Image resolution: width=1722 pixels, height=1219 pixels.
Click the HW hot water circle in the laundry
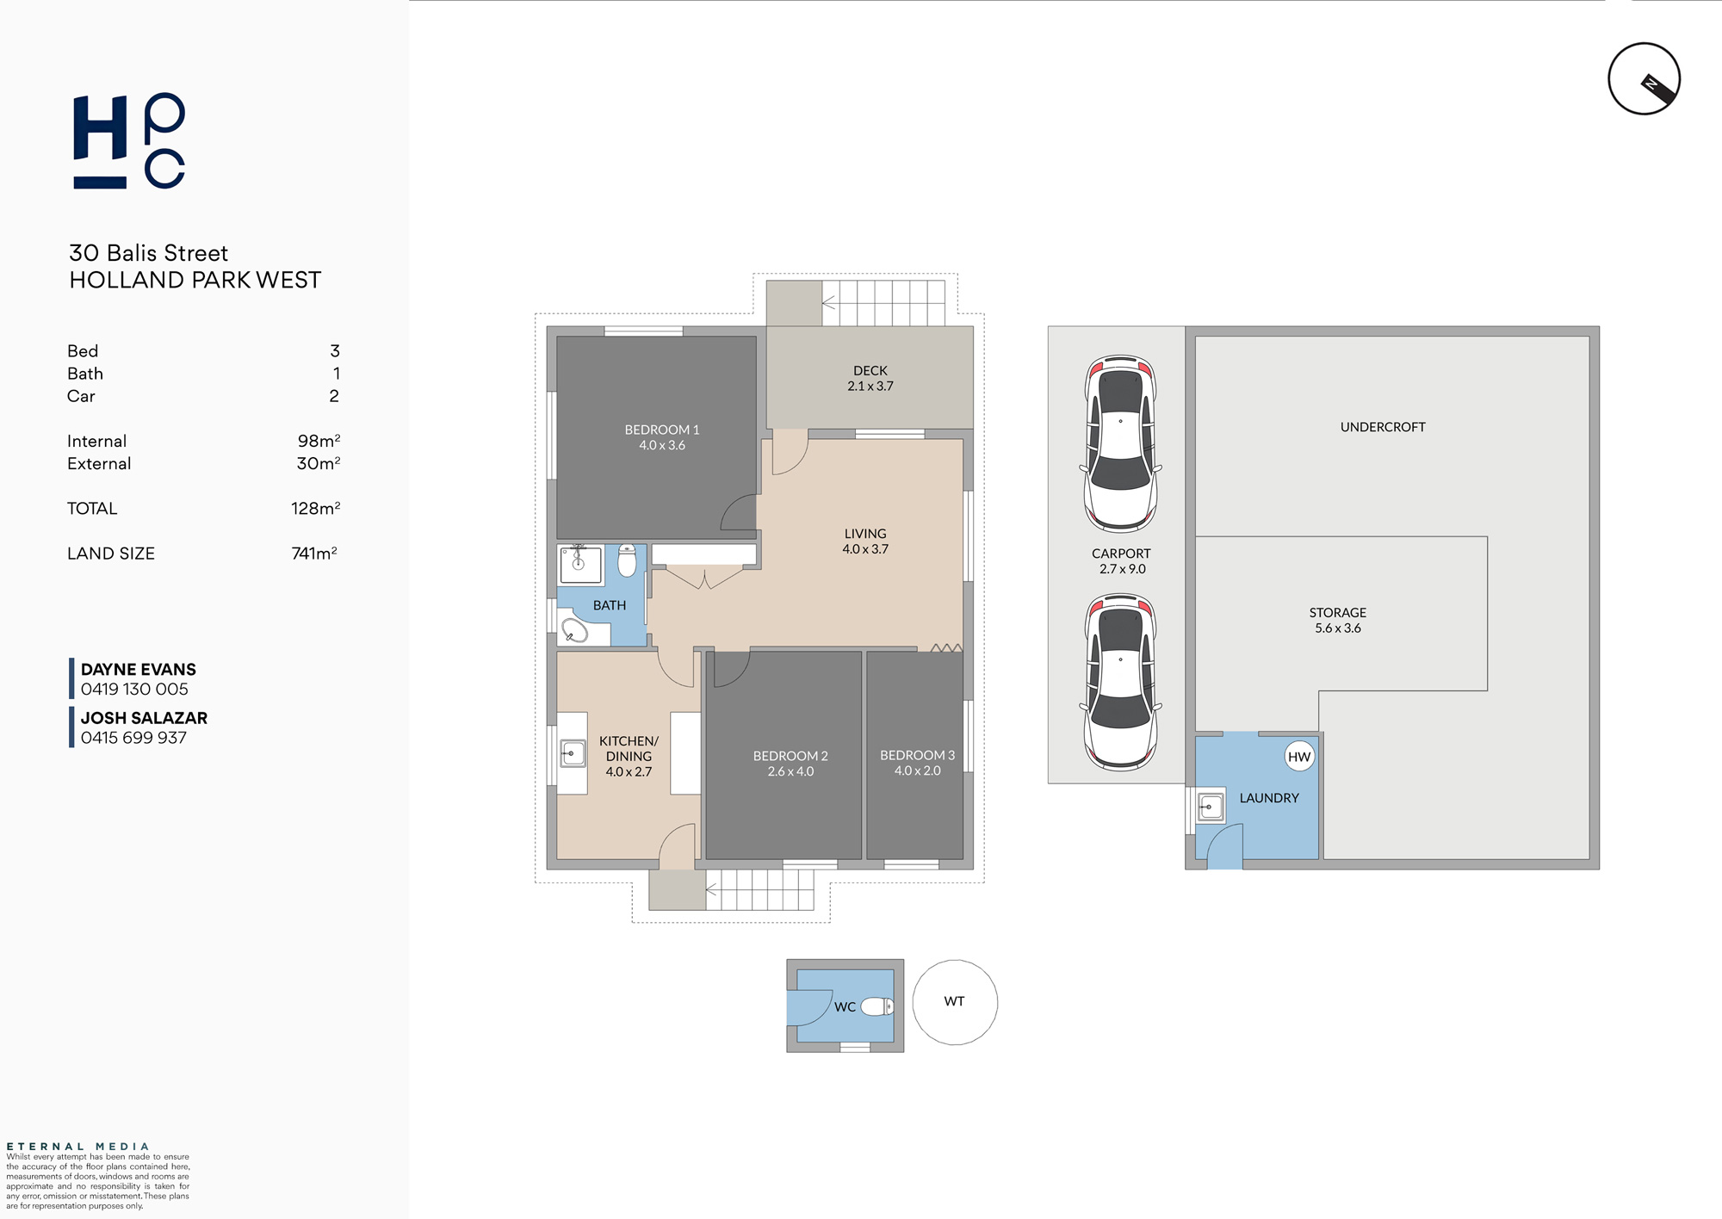(x=1299, y=757)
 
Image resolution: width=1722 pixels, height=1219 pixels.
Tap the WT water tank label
(x=954, y=1001)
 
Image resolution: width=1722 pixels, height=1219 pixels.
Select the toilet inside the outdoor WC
(x=877, y=1006)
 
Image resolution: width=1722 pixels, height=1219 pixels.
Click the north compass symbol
(x=1645, y=78)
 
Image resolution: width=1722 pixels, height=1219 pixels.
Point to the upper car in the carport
(x=1120, y=443)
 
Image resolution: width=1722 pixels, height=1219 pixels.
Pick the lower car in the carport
(x=1120, y=682)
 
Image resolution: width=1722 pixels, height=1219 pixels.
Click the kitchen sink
(x=573, y=753)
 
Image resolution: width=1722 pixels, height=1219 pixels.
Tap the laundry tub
(x=1211, y=807)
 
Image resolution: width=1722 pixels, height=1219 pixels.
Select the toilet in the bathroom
(x=627, y=560)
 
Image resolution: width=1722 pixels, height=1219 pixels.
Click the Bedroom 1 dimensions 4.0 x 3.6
(x=662, y=445)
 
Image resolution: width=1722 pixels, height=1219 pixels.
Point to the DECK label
(x=870, y=370)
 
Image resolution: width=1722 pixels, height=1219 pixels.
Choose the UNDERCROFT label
(x=1383, y=427)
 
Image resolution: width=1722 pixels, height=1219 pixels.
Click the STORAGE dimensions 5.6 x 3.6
(x=1338, y=628)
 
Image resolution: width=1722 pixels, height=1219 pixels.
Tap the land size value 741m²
(x=314, y=554)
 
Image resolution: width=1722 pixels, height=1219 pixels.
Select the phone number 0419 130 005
(x=134, y=689)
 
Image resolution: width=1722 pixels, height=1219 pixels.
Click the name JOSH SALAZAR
(x=144, y=718)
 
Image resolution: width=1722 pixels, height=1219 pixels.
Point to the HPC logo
(x=129, y=140)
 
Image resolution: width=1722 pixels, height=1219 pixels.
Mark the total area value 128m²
(x=316, y=508)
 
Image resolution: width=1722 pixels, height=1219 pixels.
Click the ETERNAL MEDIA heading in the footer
(x=78, y=1147)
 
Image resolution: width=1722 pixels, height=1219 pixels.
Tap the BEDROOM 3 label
(x=917, y=755)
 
